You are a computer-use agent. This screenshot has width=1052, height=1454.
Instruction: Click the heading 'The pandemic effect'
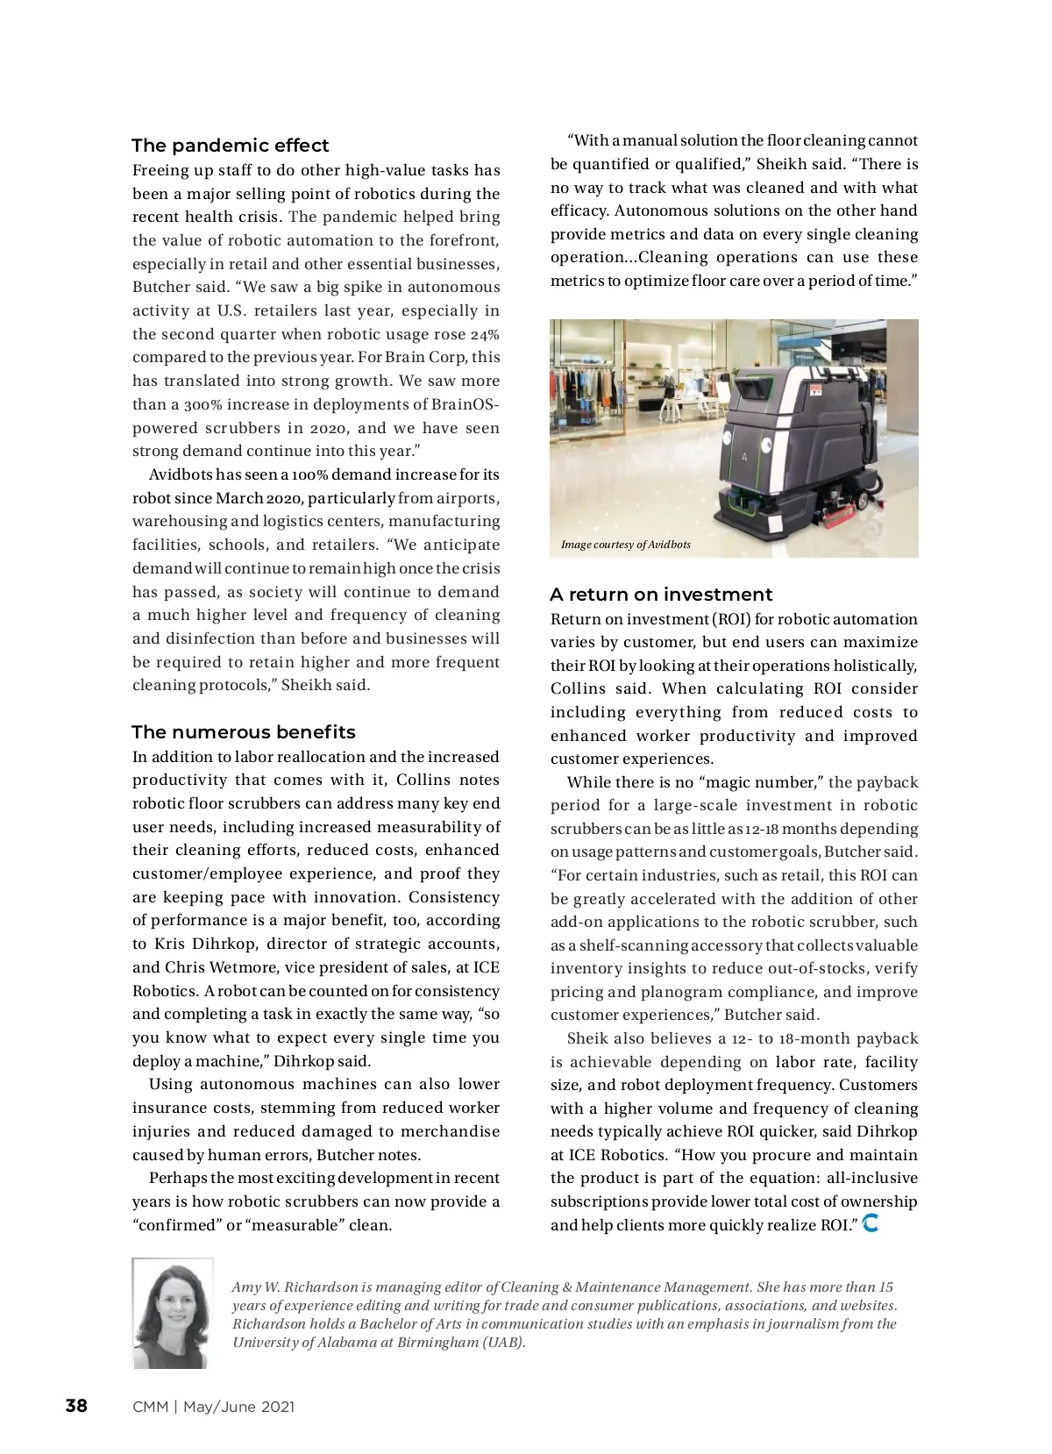click(230, 146)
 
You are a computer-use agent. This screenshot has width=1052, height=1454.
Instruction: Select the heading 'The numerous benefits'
click(243, 732)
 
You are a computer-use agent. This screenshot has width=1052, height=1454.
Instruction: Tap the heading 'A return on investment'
click(660, 595)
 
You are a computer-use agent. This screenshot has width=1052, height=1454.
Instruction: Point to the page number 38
click(76, 1406)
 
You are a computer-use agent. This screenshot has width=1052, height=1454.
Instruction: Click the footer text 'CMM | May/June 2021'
click(213, 1407)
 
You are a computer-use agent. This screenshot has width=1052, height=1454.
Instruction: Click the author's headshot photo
click(173, 1313)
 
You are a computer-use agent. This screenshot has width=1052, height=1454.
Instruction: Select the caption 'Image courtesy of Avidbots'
click(625, 545)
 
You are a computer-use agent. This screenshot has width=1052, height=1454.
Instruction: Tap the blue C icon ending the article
click(871, 1222)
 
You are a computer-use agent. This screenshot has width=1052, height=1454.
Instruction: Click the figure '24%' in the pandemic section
click(484, 335)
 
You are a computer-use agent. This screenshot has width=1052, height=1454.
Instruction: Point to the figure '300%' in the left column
click(203, 405)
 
